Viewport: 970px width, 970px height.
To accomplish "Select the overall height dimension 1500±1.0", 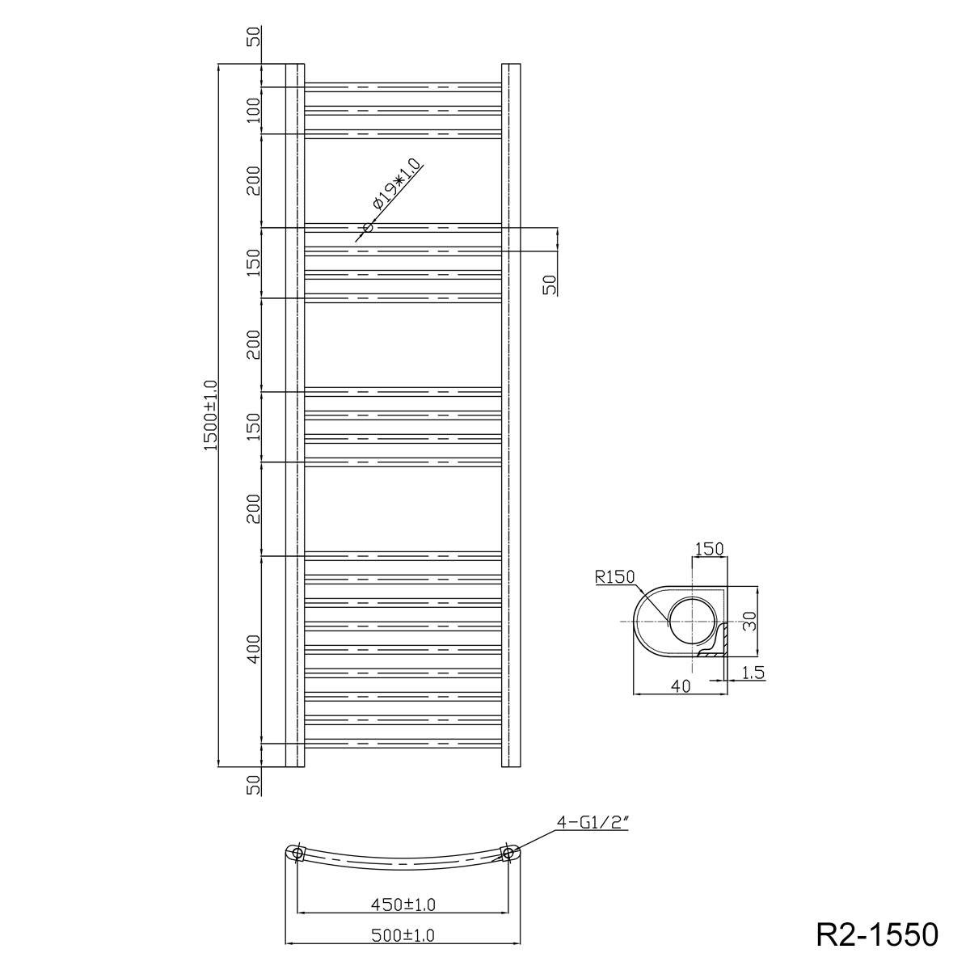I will coord(212,415).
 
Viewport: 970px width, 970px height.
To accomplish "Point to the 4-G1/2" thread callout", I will coord(592,824).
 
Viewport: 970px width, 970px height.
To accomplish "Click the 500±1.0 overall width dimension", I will coord(403,935).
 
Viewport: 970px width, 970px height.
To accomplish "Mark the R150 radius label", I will coord(614,576).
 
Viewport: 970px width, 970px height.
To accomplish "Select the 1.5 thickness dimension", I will coord(752,672).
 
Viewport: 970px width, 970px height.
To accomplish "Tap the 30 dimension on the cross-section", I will coord(749,621).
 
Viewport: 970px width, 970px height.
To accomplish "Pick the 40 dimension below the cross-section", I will coord(680,686).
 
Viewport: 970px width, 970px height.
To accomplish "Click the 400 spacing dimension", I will coord(254,649).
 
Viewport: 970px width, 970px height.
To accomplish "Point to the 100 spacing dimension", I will coord(254,110).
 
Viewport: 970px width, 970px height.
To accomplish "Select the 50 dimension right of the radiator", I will coord(550,284).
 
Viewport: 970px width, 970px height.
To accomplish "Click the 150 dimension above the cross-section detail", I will coord(709,550).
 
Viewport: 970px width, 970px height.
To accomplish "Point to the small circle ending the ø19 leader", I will coord(368,227).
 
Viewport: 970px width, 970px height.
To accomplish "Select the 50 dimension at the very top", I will coord(254,36).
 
